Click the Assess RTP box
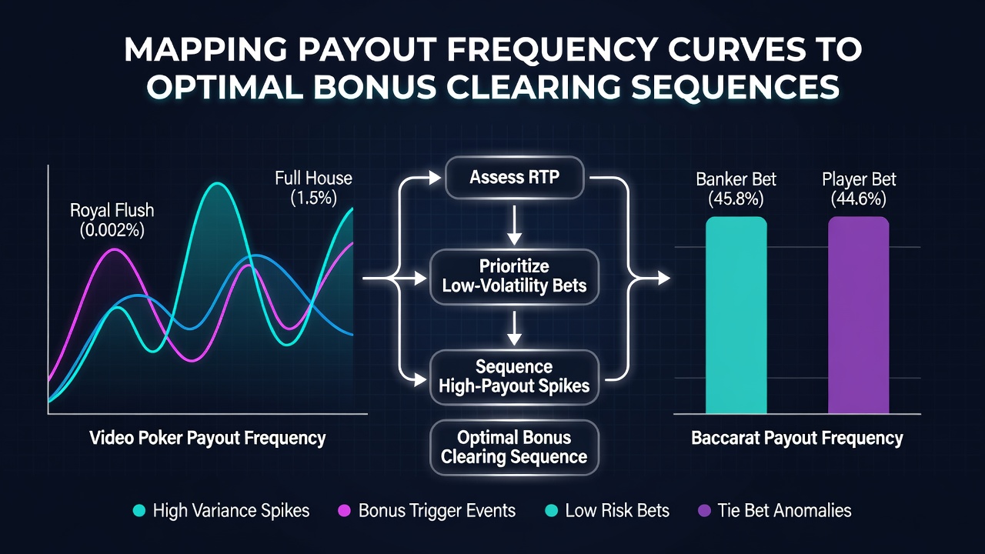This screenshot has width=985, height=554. pos(515,178)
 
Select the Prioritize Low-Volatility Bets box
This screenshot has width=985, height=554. pos(515,276)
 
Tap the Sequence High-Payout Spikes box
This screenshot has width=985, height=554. pos(515,377)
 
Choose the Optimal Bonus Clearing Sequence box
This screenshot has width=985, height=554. pos(515,447)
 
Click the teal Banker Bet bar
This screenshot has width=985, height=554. pos(736,315)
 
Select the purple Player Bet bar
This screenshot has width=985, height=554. pos(858,315)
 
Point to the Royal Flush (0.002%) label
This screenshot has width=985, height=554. pos(112,220)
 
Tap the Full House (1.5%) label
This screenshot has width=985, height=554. pos(313,188)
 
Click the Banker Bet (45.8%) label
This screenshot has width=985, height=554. pos(736,189)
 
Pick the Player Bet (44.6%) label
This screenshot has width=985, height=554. pos(859,189)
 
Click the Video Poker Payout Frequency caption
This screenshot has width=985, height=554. pos(208,438)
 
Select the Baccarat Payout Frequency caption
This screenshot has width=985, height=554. pos(796,438)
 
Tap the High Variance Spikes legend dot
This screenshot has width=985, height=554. pos(139,510)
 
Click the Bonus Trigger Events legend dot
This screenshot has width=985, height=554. pos(344,510)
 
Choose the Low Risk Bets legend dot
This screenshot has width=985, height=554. pos(552,510)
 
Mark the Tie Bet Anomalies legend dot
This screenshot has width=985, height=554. pos(704,510)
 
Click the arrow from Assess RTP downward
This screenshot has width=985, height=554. pos(514,225)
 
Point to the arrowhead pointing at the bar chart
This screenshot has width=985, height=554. pos(664,278)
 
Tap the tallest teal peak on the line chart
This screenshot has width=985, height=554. pos(217,183)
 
